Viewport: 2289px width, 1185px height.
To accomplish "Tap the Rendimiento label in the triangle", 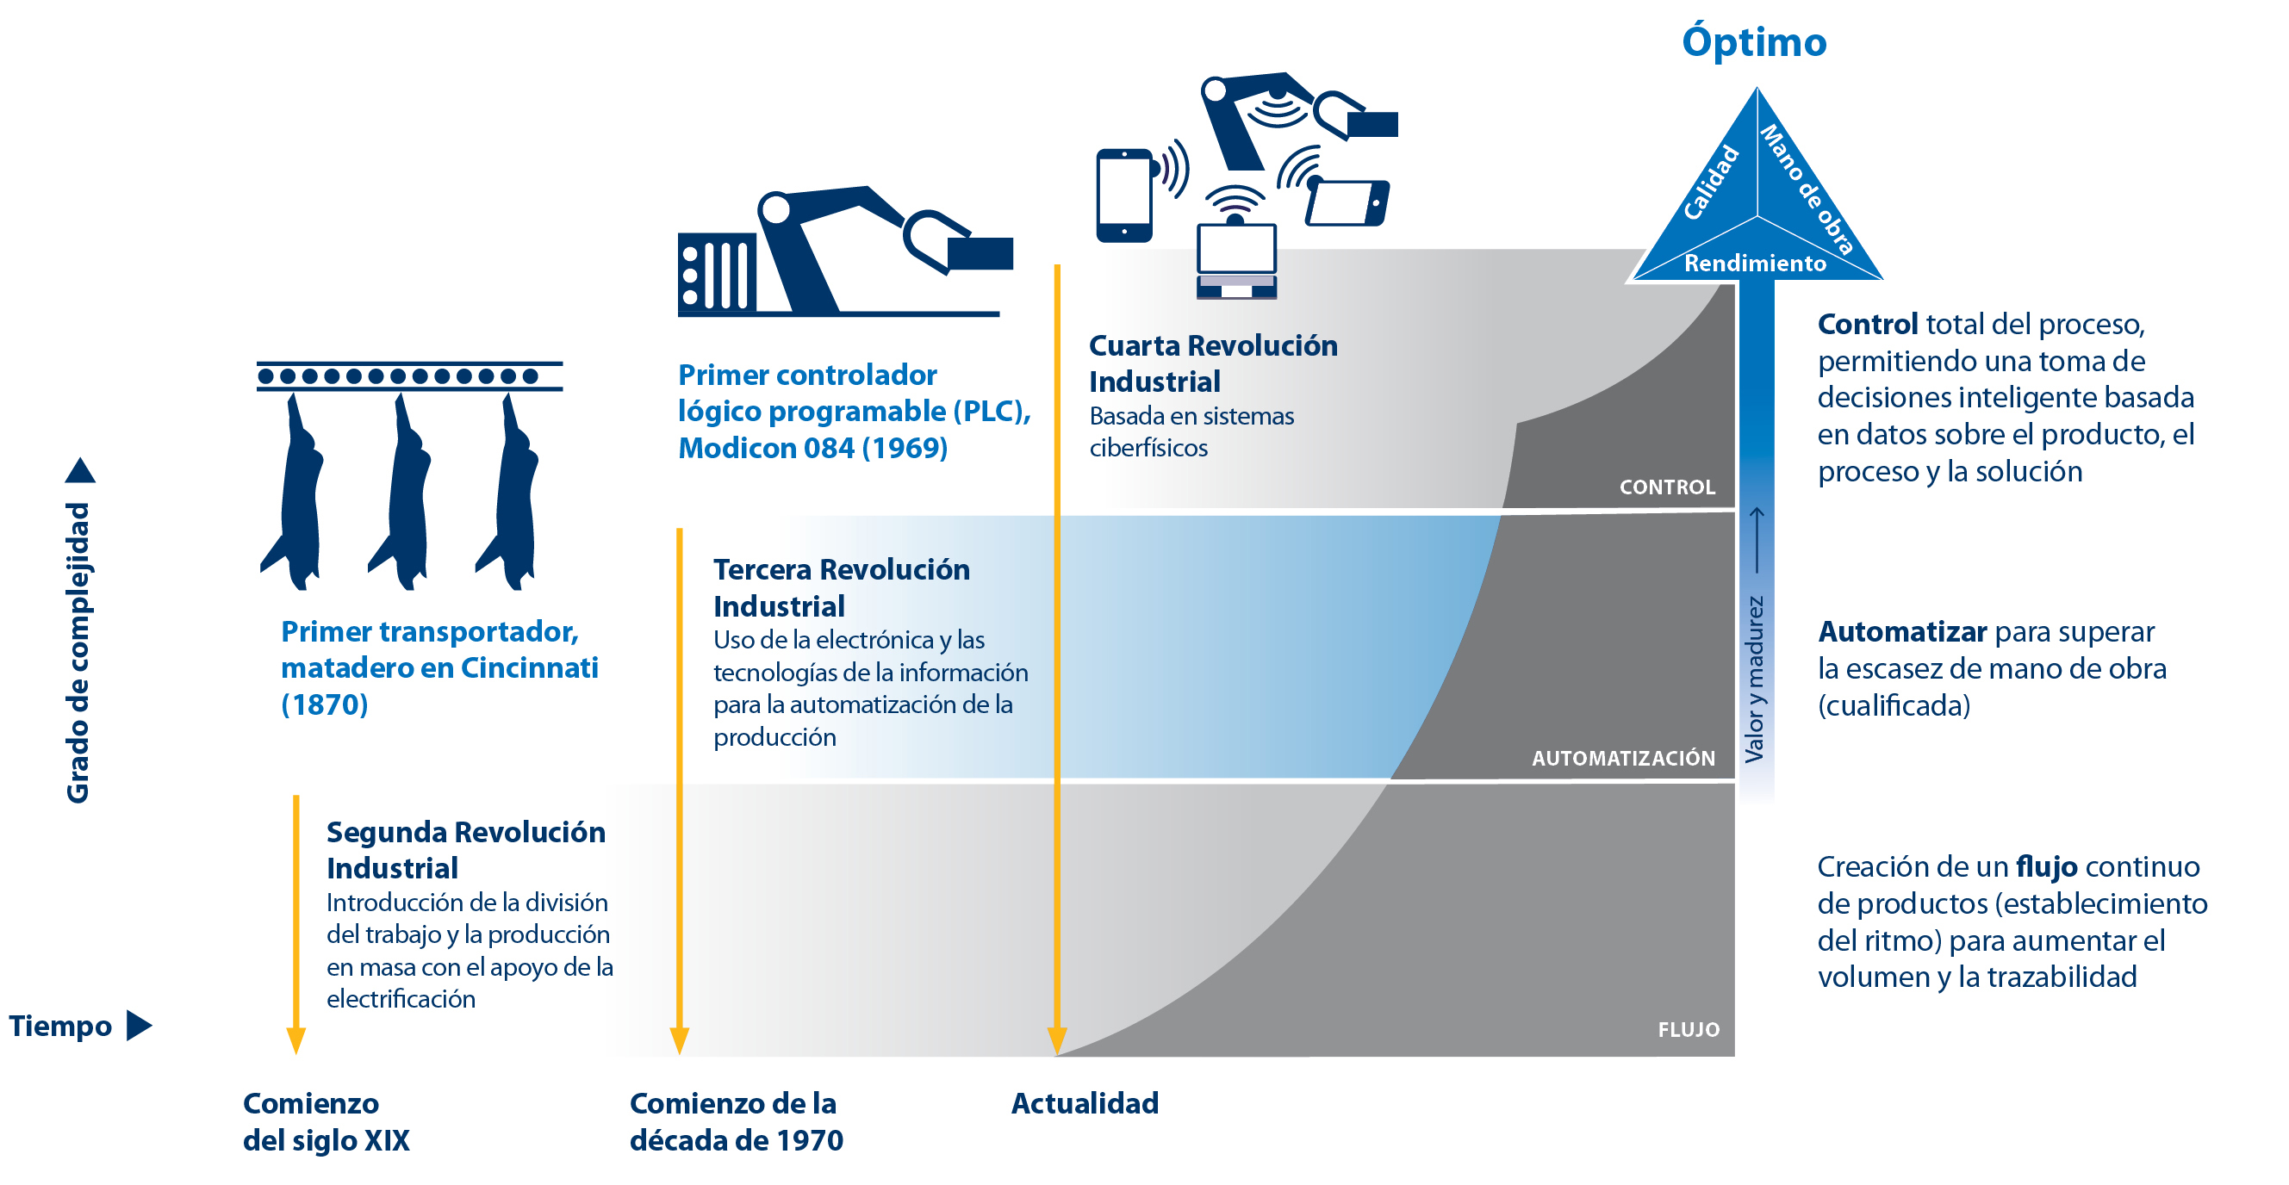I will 1755,263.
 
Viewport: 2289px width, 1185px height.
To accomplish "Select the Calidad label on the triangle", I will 1712,182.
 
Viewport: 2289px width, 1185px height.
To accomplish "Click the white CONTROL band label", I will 1666,487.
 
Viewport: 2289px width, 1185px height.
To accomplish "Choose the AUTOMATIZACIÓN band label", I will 1622,758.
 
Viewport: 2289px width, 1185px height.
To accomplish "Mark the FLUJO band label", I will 1688,1028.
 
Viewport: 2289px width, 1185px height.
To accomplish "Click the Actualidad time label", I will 1084,1103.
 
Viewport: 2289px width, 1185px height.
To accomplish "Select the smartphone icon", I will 1123,195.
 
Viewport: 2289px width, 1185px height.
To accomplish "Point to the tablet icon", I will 1347,202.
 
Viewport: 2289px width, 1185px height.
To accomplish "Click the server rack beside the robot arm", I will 716,274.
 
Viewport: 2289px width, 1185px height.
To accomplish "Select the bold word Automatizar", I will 1901,631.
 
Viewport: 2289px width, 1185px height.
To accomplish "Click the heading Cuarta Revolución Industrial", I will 1212,363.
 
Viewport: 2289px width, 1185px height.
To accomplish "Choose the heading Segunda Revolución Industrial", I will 464,849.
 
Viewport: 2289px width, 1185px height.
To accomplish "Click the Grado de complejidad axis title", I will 78,652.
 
